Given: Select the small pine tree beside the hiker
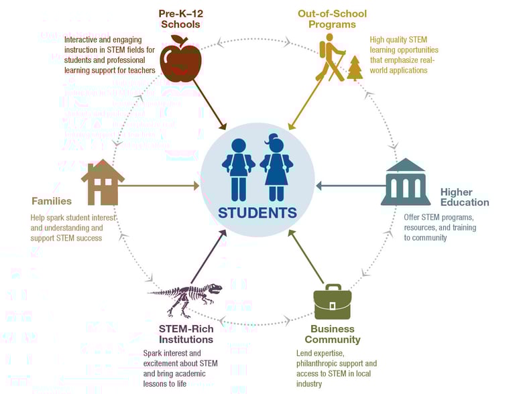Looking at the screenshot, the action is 355,69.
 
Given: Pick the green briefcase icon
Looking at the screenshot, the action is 333,304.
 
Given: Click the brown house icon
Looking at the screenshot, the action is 103,182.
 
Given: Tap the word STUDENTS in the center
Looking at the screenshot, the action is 257,213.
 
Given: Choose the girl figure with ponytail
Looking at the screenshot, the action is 276,169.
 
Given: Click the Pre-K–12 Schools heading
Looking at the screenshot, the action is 180,19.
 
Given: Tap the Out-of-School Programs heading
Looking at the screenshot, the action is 332,19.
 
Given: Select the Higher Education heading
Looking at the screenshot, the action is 465,197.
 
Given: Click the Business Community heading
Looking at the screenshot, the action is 333,334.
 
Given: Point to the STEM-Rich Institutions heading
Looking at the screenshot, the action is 186,334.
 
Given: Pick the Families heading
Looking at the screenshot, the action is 52,201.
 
